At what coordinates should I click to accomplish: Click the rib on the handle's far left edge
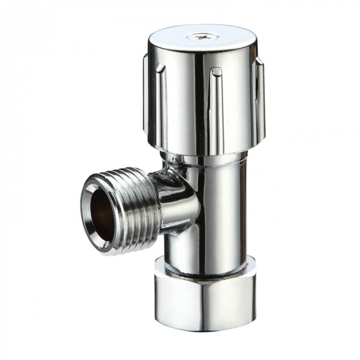tap(146, 94)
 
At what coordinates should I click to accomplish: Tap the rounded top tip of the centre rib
tap(216, 71)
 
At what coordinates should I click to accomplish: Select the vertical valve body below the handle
tap(216, 211)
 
